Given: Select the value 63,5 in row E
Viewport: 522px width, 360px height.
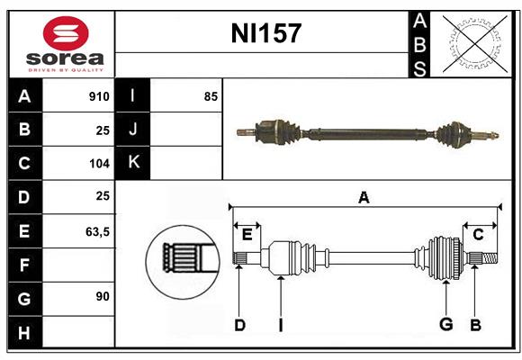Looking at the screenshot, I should pos(97,231).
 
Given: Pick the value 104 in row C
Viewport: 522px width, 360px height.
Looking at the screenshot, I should pos(99,164).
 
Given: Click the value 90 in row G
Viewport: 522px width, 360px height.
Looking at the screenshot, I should pos(102,296).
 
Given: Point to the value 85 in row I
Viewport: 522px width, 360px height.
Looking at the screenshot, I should pos(211,96).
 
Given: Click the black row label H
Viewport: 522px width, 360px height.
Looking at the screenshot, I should pos(24,333).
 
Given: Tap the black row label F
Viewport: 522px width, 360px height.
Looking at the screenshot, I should pos(24,265).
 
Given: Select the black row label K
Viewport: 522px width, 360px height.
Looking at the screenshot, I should pos(133,163).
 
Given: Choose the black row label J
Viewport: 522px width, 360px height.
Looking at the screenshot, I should pos(133,130).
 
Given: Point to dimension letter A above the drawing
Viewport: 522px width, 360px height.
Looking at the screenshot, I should pos(364,198).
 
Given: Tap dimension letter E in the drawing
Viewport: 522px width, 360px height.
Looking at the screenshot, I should pos(247,235).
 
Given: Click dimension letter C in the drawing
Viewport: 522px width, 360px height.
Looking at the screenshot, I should pos(478,235).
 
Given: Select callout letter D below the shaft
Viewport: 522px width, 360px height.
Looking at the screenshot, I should pos(239,325).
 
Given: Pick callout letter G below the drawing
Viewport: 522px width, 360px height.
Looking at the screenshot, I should pos(445,325).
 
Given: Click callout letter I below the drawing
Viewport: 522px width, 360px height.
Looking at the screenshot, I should pos(281,325).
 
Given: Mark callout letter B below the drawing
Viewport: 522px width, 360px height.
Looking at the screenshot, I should pos(475,325).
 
